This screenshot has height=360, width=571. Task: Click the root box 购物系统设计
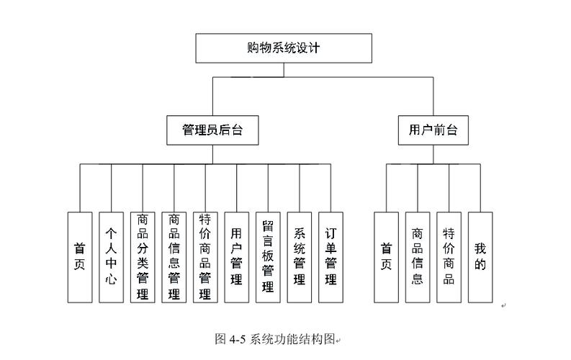pyautogui.click(x=284, y=48)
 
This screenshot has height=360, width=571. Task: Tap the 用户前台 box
pyautogui.click(x=433, y=130)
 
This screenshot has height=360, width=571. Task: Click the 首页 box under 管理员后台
pyautogui.click(x=79, y=256)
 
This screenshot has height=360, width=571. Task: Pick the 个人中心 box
pyautogui.click(x=111, y=256)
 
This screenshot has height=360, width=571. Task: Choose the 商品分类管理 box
pyautogui.click(x=143, y=256)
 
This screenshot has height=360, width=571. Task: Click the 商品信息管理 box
pyautogui.click(x=174, y=256)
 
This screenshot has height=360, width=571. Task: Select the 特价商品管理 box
pyautogui.click(x=205, y=256)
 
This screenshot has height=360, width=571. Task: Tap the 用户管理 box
pyautogui.click(x=236, y=256)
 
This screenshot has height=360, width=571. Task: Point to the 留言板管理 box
pyautogui.click(x=268, y=256)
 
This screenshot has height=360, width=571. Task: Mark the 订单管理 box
pyautogui.click(x=331, y=256)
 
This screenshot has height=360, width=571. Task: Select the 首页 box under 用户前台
pyautogui.click(x=387, y=256)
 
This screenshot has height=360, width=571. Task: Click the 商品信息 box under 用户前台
pyautogui.click(x=418, y=256)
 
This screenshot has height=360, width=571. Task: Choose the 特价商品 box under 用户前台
pyautogui.click(x=449, y=256)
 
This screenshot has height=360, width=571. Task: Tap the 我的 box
pyautogui.click(x=480, y=256)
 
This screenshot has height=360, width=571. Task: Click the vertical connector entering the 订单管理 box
pyautogui.click(x=331, y=188)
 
